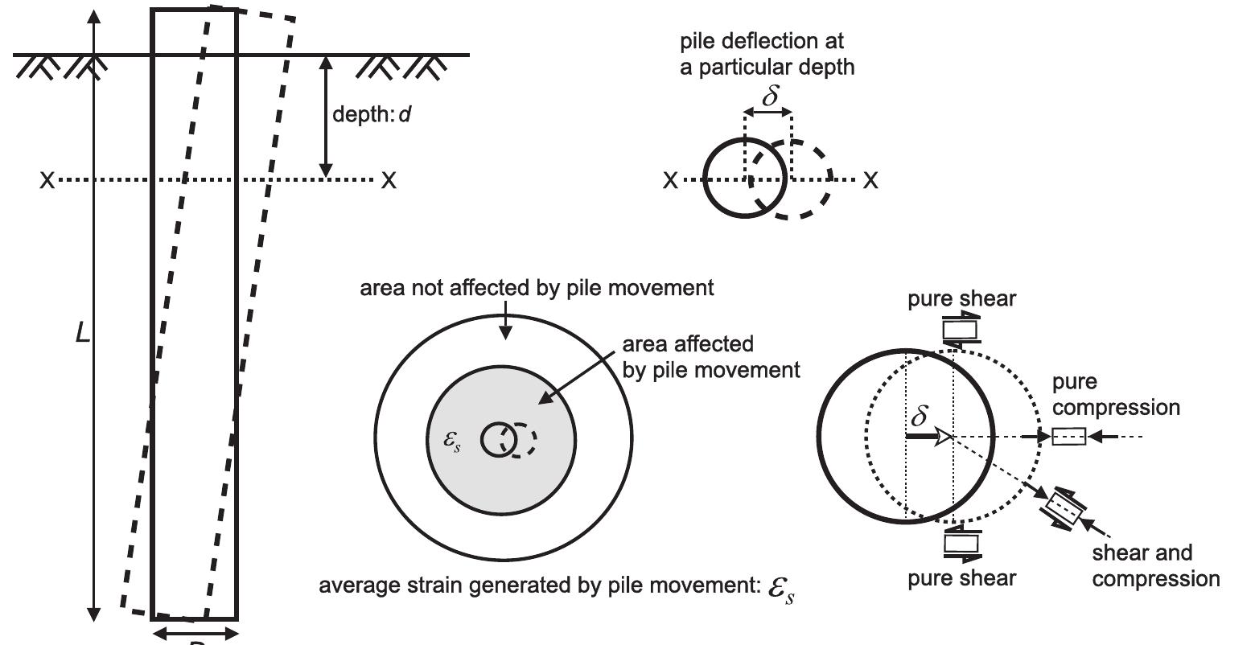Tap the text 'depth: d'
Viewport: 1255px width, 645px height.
tap(372, 114)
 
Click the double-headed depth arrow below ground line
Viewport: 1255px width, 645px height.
tap(325, 117)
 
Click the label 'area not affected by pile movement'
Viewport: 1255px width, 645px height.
tap(537, 287)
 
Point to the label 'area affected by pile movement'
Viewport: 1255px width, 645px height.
tap(711, 357)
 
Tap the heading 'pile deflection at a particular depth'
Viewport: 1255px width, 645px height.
tap(767, 54)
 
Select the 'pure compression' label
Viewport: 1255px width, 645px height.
tap(1116, 394)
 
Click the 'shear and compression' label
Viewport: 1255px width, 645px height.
tap(1155, 565)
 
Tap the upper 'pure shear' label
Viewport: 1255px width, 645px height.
tap(961, 299)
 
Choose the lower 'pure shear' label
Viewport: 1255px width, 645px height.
tap(961, 577)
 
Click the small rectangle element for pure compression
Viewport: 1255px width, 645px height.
tap(1068, 437)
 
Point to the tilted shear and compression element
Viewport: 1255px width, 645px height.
tap(1065, 507)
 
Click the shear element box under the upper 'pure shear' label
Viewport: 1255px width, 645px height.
tap(961, 329)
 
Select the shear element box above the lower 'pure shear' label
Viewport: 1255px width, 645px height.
tap(961, 543)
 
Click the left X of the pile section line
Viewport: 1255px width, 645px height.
tap(47, 180)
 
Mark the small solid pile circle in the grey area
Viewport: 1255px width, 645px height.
tap(498, 440)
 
